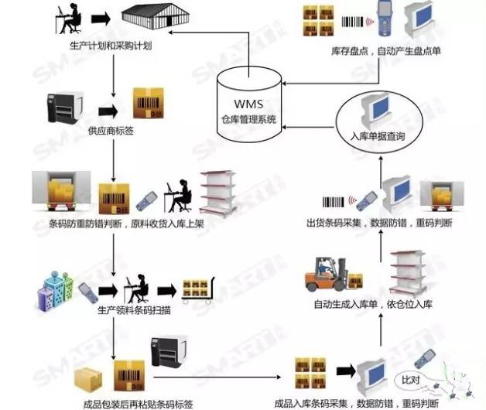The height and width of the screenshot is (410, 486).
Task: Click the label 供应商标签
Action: tap(111, 130)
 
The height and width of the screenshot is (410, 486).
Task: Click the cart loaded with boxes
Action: tap(197, 292)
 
